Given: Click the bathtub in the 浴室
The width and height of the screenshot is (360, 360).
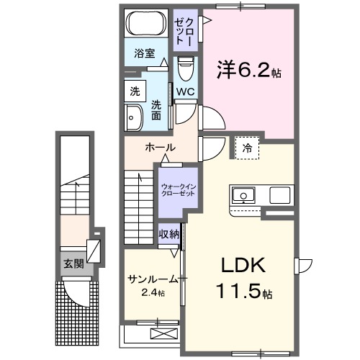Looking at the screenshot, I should point(145,25).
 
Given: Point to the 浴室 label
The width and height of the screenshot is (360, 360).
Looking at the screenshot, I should point(145,53).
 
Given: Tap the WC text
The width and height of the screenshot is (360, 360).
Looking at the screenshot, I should point(184,92).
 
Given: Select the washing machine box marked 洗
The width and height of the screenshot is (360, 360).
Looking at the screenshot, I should point(135,92).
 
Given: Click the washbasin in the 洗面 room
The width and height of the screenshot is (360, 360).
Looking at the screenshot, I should point(134,117).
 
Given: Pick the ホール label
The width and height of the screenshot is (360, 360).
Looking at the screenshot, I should point(160,148).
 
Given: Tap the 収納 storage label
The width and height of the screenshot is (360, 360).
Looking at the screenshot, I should point(169,235).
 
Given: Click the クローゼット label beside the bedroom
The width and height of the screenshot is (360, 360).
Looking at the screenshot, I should point(184,30).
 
